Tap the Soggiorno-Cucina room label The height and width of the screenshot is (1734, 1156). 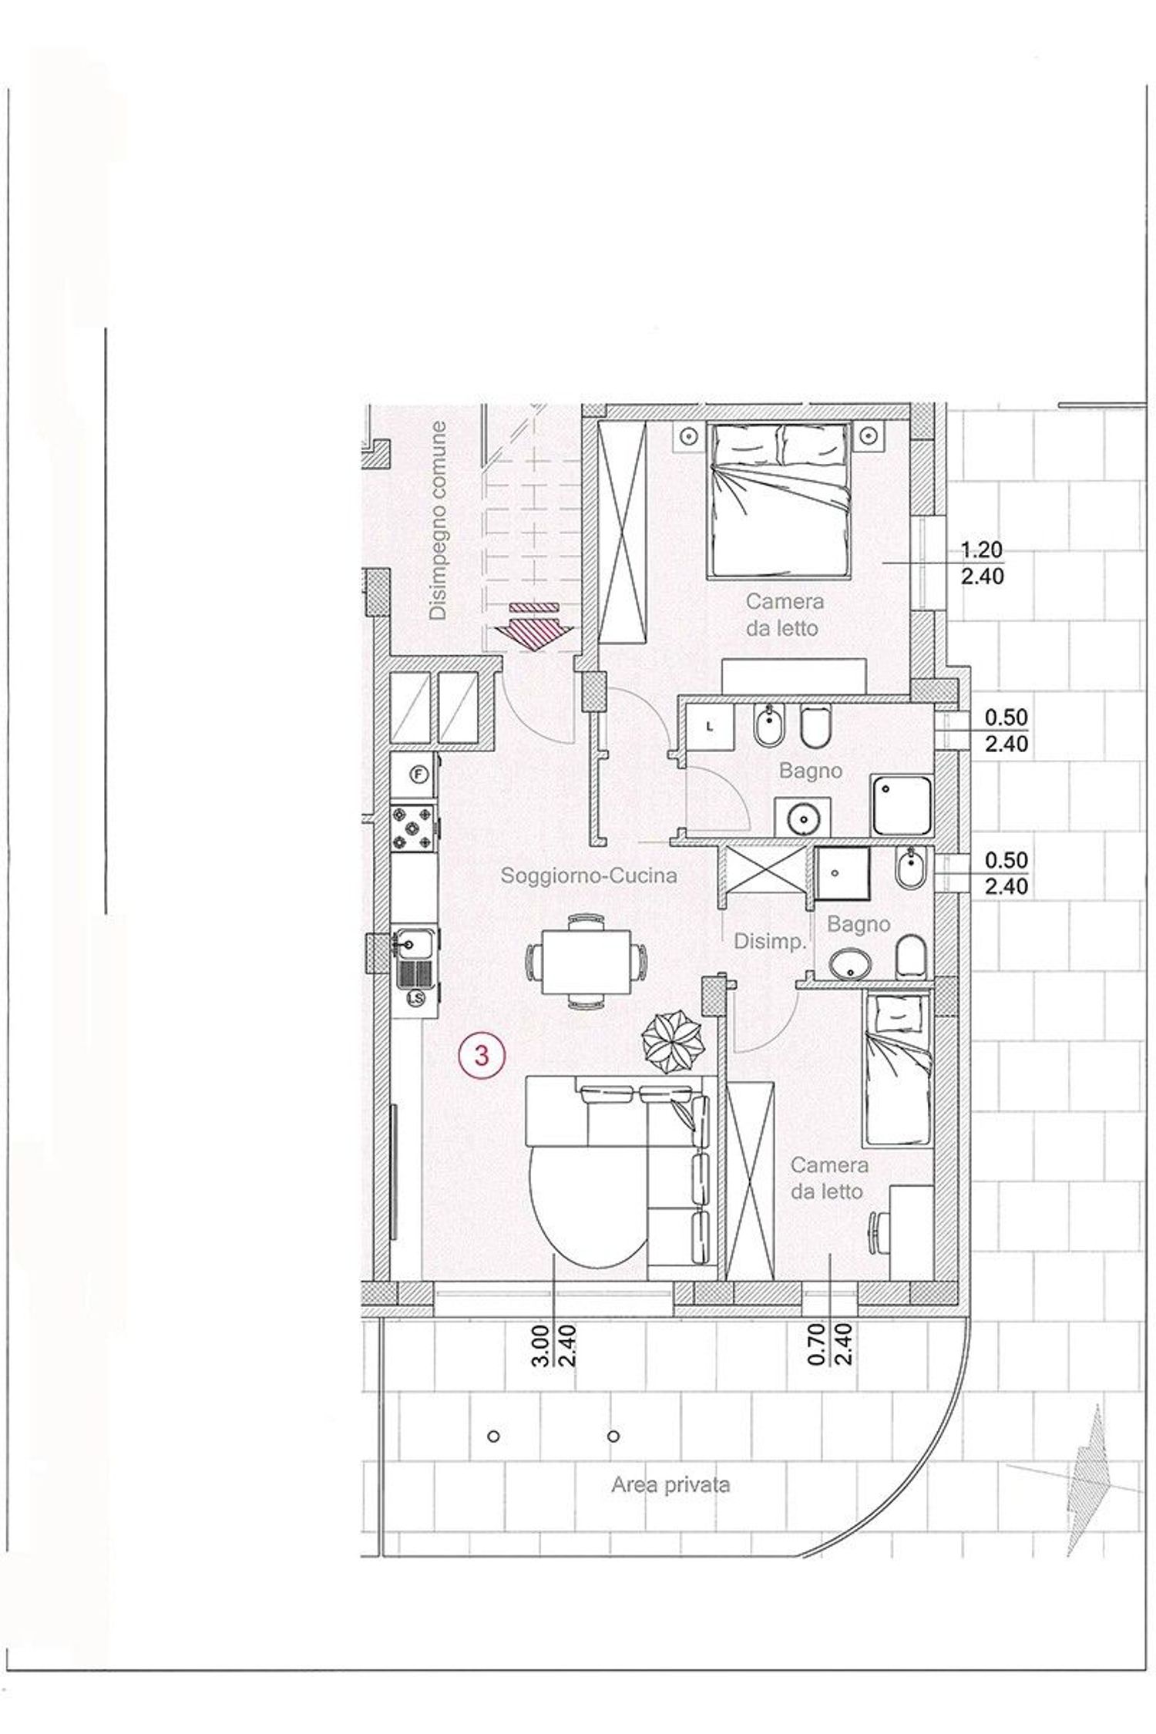[589, 875]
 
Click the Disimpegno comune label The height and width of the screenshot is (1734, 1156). [439, 520]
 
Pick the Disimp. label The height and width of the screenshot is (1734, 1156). [770, 941]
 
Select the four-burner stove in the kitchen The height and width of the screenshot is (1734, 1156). [414, 828]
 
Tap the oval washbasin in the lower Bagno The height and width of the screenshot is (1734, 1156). [851, 965]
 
